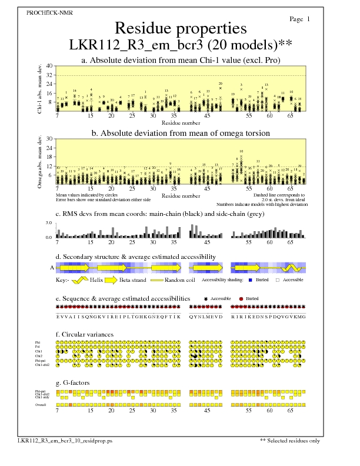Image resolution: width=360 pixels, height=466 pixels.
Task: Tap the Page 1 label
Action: tap(300, 19)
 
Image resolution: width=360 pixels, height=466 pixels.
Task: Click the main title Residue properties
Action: tap(180, 28)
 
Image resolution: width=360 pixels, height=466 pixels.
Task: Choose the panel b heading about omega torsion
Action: tap(180, 134)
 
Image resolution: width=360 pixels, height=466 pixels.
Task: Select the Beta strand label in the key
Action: tap(133, 281)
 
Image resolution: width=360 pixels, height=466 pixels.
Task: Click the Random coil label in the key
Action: tap(179, 281)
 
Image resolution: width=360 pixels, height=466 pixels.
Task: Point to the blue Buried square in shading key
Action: tap(251, 281)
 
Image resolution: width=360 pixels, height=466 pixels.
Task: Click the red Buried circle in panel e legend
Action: tap(241, 299)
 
